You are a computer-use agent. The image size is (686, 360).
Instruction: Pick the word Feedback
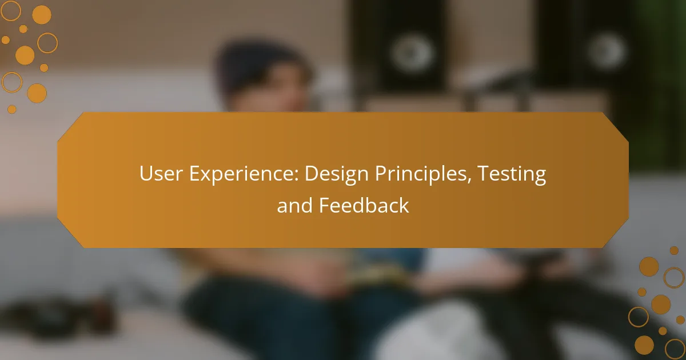pyautogui.click(x=364, y=206)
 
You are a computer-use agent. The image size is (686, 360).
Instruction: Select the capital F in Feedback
pyautogui.click(x=322, y=206)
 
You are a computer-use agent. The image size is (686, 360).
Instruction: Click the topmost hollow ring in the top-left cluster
pyautogui.click(x=11, y=10)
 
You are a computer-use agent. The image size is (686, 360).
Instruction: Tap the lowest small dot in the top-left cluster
pyautogui.click(x=12, y=109)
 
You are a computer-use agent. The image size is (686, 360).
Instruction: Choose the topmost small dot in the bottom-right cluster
pyautogui.click(x=674, y=250)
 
